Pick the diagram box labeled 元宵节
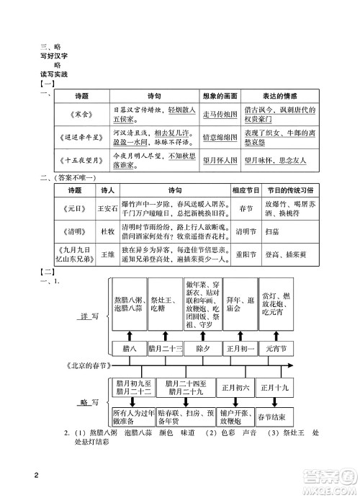click(x=275, y=347)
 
